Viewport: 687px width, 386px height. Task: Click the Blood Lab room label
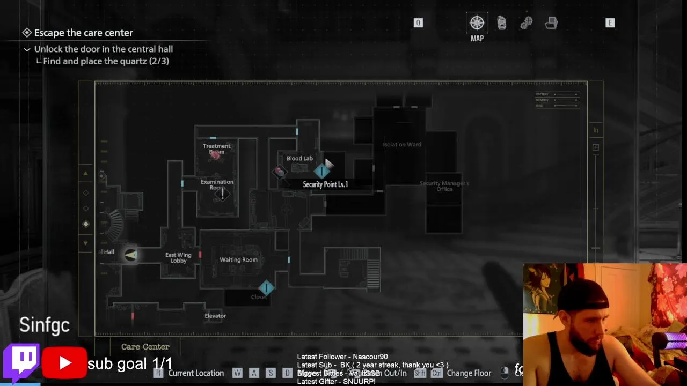pyautogui.click(x=299, y=159)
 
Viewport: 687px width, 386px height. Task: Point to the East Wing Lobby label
pyautogui.click(x=178, y=258)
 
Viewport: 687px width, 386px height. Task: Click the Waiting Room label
pyautogui.click(x=238, y=260)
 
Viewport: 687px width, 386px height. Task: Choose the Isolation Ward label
pyautogui.click(x=402, y=145)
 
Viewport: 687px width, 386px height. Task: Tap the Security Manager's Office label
pyautogui.click(x=444, y=186)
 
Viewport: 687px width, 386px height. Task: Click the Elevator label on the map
pyautogui.click(x=215, y=316)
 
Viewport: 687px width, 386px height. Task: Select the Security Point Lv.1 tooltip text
pyautogui.click(x=325, y=184)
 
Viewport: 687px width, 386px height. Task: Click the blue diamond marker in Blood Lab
pyautogui.click(x=321, y=171)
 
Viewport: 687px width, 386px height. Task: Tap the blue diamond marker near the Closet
pyautogui.click(x=266, y=288)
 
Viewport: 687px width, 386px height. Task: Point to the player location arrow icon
pyautogui.click(x=131, y=255)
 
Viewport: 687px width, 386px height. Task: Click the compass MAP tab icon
pyautogui.click(x=477, y=23)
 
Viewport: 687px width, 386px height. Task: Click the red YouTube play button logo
pyautogui.click(x=64, y=363)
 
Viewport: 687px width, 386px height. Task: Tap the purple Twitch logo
pyautogui.click(x=21, y=361)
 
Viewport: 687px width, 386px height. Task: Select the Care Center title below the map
pyautogui.click(x=145, y=347)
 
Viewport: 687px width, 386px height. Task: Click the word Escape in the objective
pyautogui.click(x=49, y=33)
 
